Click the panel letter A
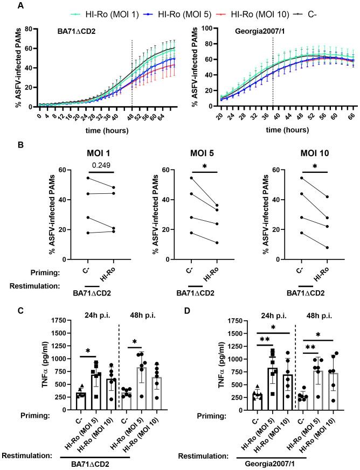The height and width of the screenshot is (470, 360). coord(6,5)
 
